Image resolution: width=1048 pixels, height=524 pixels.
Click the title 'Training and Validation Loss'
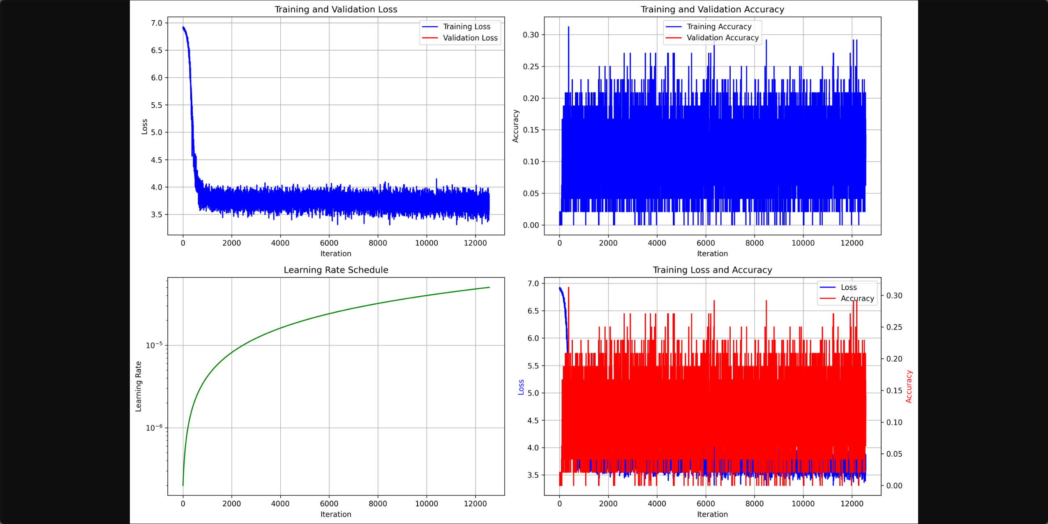336,9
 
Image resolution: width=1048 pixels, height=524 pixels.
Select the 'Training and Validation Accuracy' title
712,9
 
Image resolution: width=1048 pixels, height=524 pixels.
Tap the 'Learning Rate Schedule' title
336,270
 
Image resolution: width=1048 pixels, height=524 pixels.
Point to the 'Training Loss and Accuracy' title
712,270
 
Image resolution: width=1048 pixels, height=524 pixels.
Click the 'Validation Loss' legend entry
470,38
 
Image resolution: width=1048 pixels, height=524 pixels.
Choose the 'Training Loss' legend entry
466,27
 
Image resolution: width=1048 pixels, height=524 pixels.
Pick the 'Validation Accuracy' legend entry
723,38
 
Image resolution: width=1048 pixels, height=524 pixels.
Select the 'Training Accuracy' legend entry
719,27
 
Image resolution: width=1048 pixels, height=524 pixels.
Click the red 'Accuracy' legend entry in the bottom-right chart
857,298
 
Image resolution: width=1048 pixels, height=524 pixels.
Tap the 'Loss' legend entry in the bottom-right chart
848,287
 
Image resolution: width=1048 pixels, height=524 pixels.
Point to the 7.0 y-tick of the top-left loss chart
157,23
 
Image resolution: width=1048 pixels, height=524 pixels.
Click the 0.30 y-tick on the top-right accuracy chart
531,35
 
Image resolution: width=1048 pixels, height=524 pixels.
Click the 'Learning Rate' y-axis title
139,386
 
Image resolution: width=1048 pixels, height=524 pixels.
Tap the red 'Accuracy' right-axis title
909,386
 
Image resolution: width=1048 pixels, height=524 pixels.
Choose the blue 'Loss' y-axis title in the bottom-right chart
521,387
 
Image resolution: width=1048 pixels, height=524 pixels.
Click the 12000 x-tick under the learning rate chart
475,503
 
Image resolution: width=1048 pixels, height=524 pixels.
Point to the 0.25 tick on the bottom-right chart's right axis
894,327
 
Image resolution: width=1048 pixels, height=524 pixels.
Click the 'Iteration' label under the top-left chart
336,254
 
